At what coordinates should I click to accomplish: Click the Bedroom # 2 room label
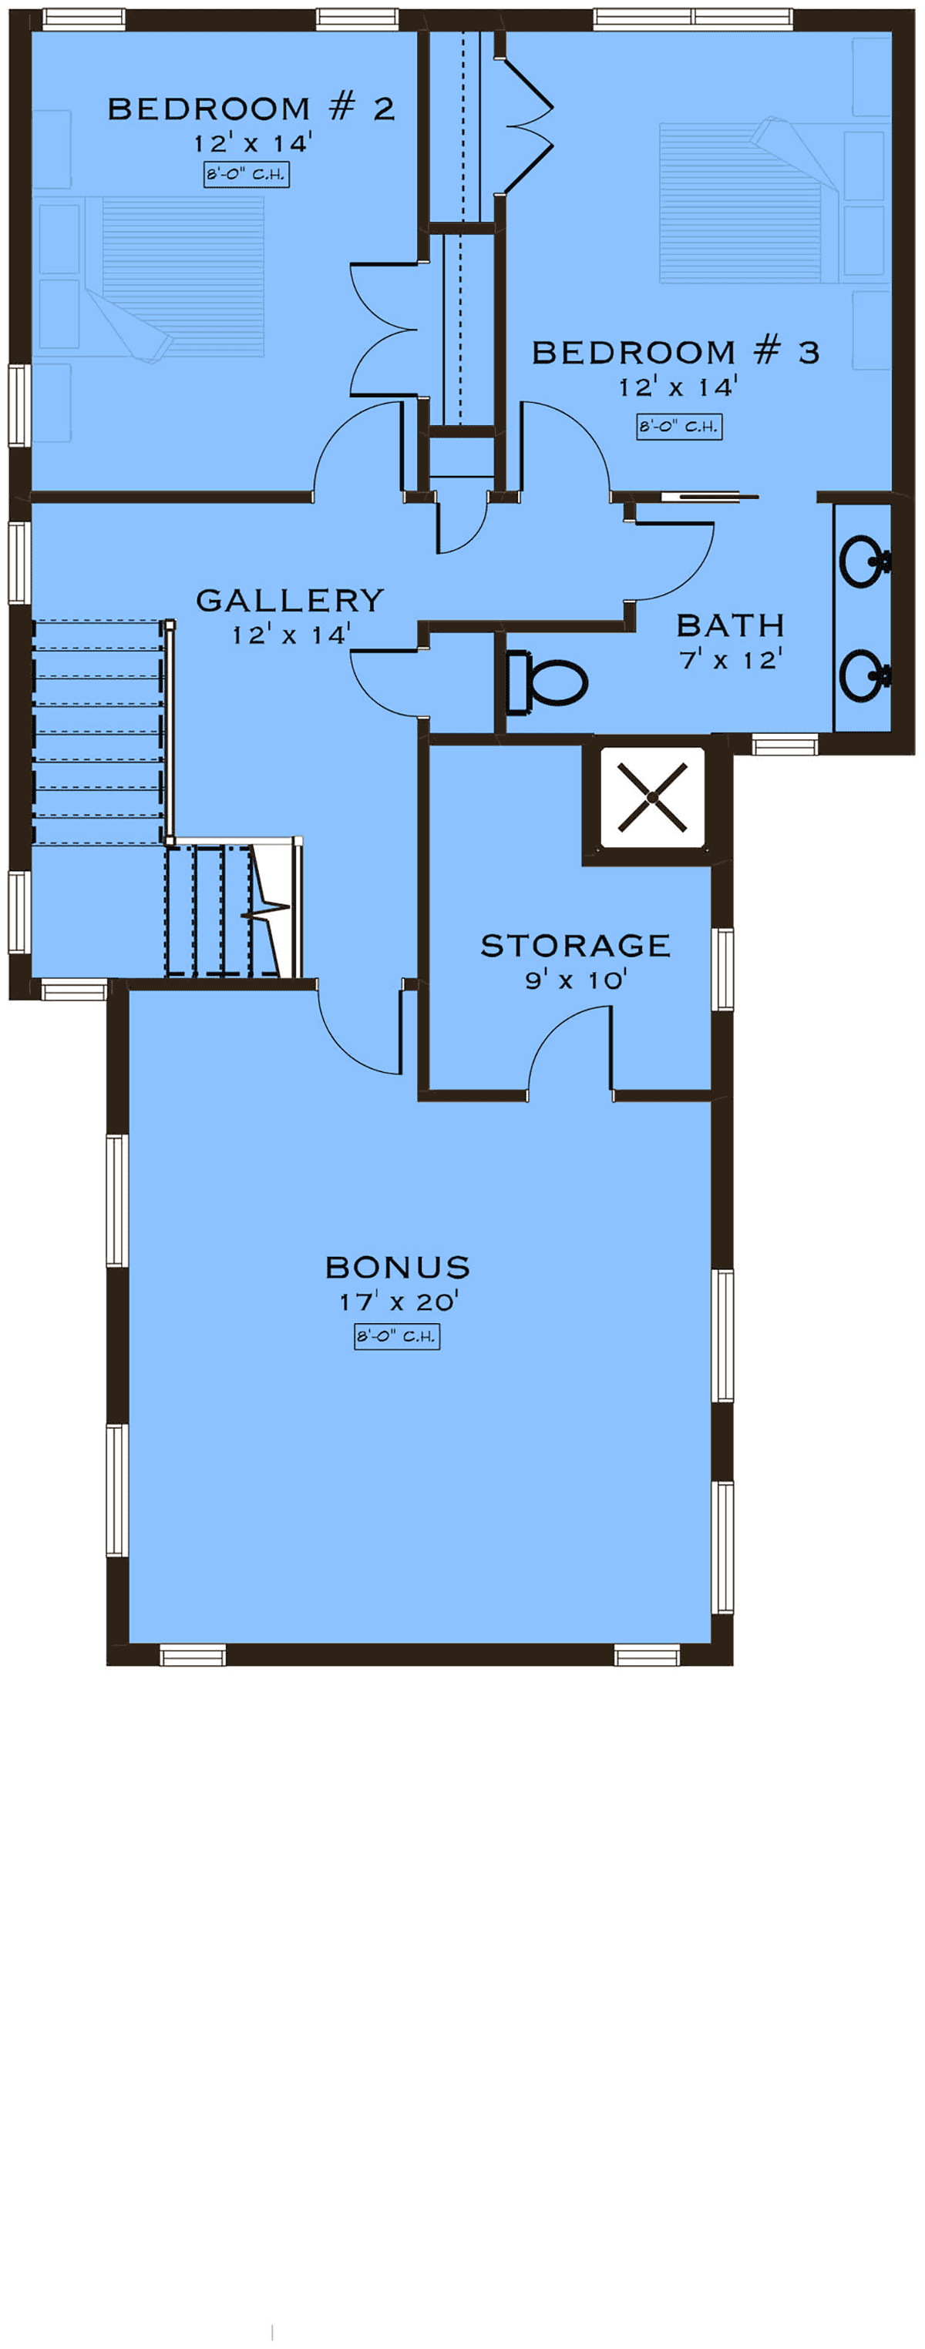(x=251, y=109)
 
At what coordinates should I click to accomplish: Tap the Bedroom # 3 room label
(x=675, y=352)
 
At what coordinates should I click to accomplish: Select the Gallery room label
(x=290, y=600)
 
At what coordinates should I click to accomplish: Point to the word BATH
(x=731, y=625)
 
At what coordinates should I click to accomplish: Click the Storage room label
(x=576, y=946)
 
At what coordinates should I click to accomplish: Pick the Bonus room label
(x=398, y=1268)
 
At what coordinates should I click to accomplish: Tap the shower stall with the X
(x=652, y=798)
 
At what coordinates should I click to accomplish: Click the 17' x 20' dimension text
(x=399, y=1302)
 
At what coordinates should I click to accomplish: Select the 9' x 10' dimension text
(x=576, y=980)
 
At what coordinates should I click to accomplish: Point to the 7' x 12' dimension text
(x=731, y=659)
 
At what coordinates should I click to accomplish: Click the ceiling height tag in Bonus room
(x=397, y=1337)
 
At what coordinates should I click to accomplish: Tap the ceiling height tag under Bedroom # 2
(x=247, y=175)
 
